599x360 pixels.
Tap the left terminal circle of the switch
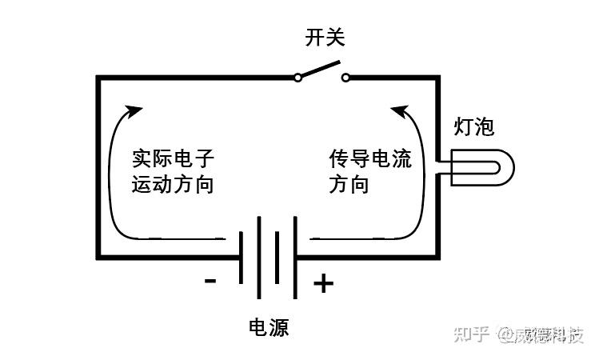click(298, 78)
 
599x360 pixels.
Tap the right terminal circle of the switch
click(345, 78)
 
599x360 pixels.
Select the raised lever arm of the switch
click(320, 70)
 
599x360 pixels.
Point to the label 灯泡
click(474, 126)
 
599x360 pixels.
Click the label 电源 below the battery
click(269, 327)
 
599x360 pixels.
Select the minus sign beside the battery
click(210, 280)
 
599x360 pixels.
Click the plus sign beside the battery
click(322, 283)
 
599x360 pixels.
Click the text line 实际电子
click(174, 158)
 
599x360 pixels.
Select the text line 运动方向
click(174, 184)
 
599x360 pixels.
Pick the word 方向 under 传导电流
click(349, 184)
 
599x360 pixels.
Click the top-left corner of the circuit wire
click(98, 78)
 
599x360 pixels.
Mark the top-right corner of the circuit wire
click(437, 78)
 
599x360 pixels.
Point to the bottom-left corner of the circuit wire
click(98, 257)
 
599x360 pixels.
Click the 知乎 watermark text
click(471, 334)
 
